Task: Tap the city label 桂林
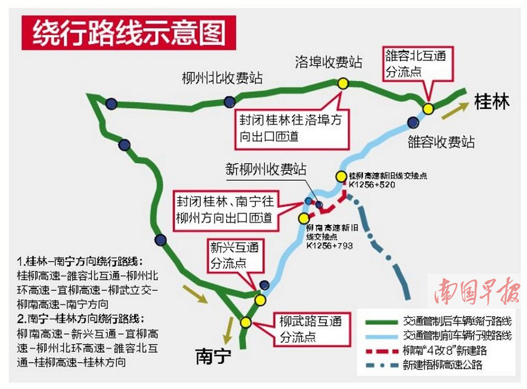pyautogui.click(x=492, y=101)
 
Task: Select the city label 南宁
pyautogui.click(x=213, y=356)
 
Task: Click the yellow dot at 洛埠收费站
pyautogui.click(x=343, y=83)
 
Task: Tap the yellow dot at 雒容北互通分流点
pyautogui.click(x=429, y=108)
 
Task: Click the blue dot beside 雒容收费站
pyautogui.click(x=413, y=122)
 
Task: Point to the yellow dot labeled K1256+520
pyautogui.click(x=341, y=175)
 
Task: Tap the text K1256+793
pyautogui.click(x=330, y=246)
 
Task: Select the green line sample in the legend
pyautogui.click(x=382, y=321)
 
